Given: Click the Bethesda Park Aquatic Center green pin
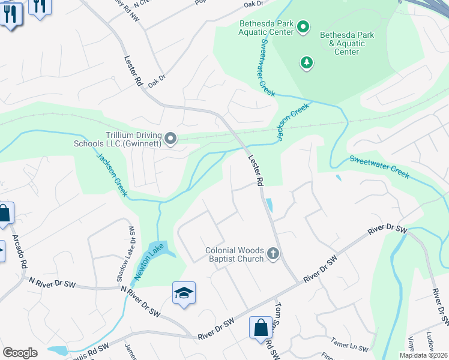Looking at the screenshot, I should (303, 26).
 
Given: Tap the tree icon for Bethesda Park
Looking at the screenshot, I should (307, 62).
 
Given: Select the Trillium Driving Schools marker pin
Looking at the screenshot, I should (170, 139).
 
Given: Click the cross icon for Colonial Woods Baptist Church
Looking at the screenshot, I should (273, 253).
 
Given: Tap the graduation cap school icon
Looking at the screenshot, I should (184, 293).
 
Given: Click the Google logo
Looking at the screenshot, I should (20, 353).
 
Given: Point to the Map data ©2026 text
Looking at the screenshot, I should (423, 355).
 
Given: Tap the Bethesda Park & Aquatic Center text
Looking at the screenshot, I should (347, 43).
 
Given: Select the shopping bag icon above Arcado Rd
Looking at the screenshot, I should (4, 213).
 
